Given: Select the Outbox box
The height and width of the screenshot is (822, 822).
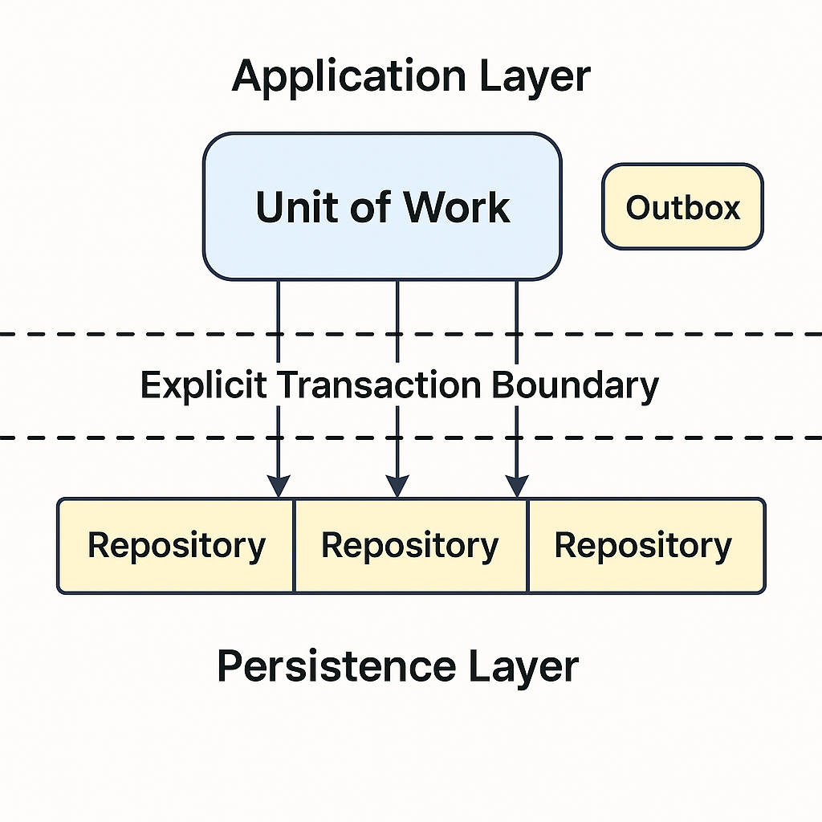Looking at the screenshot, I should click(682, 207).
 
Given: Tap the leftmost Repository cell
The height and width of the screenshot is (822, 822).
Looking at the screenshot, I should click(176, 546).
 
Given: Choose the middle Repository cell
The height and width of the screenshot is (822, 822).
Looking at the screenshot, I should click(409, 546).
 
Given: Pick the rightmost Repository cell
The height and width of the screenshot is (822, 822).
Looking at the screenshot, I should click(644, 546).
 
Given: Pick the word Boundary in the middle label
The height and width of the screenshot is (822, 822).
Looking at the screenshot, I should click(575, 385).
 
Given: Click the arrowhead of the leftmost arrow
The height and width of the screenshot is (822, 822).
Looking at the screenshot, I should click(278, 486).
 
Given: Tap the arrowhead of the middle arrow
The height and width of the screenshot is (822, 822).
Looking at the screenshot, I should click(397, 486).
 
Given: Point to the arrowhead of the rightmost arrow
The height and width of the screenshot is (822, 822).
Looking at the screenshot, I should click(516, 486).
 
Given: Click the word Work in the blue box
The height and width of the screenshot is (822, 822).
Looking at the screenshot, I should click(456, 207).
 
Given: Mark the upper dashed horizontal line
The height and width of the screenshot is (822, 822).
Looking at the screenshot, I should click(120, 333).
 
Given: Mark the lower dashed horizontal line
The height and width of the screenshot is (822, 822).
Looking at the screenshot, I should click(120, 438).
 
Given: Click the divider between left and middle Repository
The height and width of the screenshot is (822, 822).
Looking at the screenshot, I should click(294, 546).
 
